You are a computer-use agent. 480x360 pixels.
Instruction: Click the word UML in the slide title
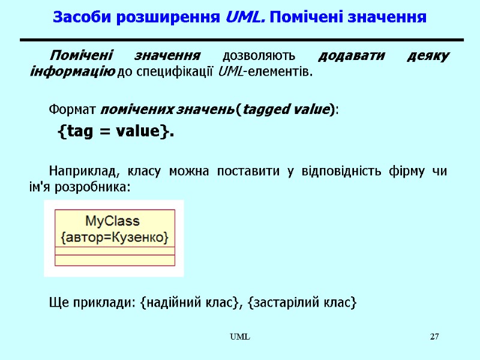coord(243,17)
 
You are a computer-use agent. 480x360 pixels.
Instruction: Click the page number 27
coord(434,337)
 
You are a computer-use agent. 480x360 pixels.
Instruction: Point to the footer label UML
coord(242,337)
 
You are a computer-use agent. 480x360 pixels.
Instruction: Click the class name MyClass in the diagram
coord(113,221)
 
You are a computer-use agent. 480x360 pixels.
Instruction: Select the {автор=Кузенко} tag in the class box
coord(115,237)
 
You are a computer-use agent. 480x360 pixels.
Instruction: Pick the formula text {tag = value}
coord(115,131)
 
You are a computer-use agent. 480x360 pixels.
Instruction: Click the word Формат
coord(73,110)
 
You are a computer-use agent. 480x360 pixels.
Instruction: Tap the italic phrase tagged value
coord(286,110)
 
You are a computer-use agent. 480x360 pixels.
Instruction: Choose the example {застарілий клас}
coord(306,303)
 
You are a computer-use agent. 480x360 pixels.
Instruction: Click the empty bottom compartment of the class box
coord(115,260)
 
